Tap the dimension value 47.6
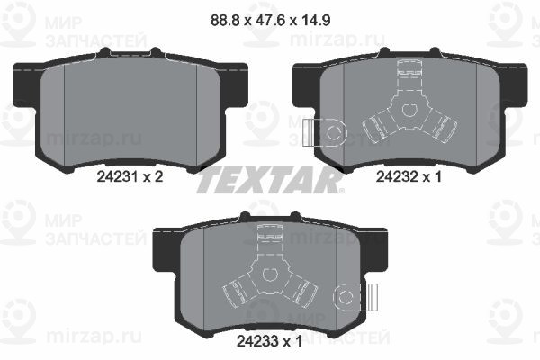click(270, 20)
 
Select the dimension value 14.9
click(316, 20)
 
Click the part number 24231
click(117, 177)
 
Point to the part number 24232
click(397, 177)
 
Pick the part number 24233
click(257, 341)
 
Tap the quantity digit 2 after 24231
click(158, 177)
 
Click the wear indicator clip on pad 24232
click(324, 132)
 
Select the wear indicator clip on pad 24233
click(355, 297)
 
